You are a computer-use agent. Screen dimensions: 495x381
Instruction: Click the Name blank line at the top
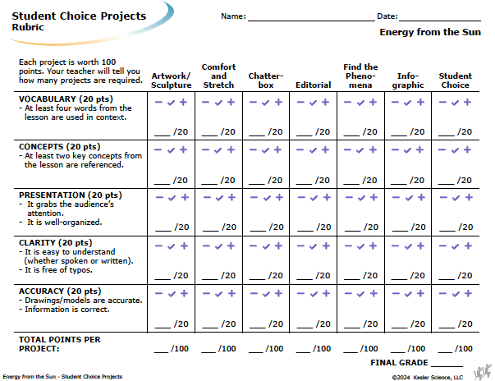[311, 21]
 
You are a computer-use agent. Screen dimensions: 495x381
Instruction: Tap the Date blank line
[440, 21]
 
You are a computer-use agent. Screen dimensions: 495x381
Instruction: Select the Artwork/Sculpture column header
[171, 80]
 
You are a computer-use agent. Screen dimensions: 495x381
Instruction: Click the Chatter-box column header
[266, 80]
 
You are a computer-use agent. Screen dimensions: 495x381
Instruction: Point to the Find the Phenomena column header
[360, 76]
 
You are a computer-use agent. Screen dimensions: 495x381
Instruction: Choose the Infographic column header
[408, 80]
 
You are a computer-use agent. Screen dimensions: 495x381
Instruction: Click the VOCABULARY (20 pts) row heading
[66, 99]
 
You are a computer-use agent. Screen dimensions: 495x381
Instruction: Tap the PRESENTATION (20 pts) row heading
[71, 195]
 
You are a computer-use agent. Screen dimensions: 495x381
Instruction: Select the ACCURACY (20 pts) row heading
[60, 291]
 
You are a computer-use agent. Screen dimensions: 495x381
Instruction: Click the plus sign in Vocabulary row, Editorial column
[325, 102]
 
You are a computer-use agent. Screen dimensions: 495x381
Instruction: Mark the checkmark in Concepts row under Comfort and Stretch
[218, 150]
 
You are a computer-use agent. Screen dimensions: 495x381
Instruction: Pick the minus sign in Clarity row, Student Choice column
[442, 246]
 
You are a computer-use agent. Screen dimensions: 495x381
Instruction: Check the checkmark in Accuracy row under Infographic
[408, 294]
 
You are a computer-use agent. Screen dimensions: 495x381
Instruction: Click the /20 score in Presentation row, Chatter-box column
[276, 227]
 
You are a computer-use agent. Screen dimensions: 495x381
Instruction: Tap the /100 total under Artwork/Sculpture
[180, 348]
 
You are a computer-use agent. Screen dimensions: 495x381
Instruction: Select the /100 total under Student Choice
[464, 348]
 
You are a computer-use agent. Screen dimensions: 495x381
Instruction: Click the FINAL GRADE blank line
[447, 366]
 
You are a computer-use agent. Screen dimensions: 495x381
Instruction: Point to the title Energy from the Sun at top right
[430, 32]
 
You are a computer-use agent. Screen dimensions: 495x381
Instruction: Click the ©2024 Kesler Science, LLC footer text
[428, 377]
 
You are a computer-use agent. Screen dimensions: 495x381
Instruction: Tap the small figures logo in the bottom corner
[483, 372]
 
